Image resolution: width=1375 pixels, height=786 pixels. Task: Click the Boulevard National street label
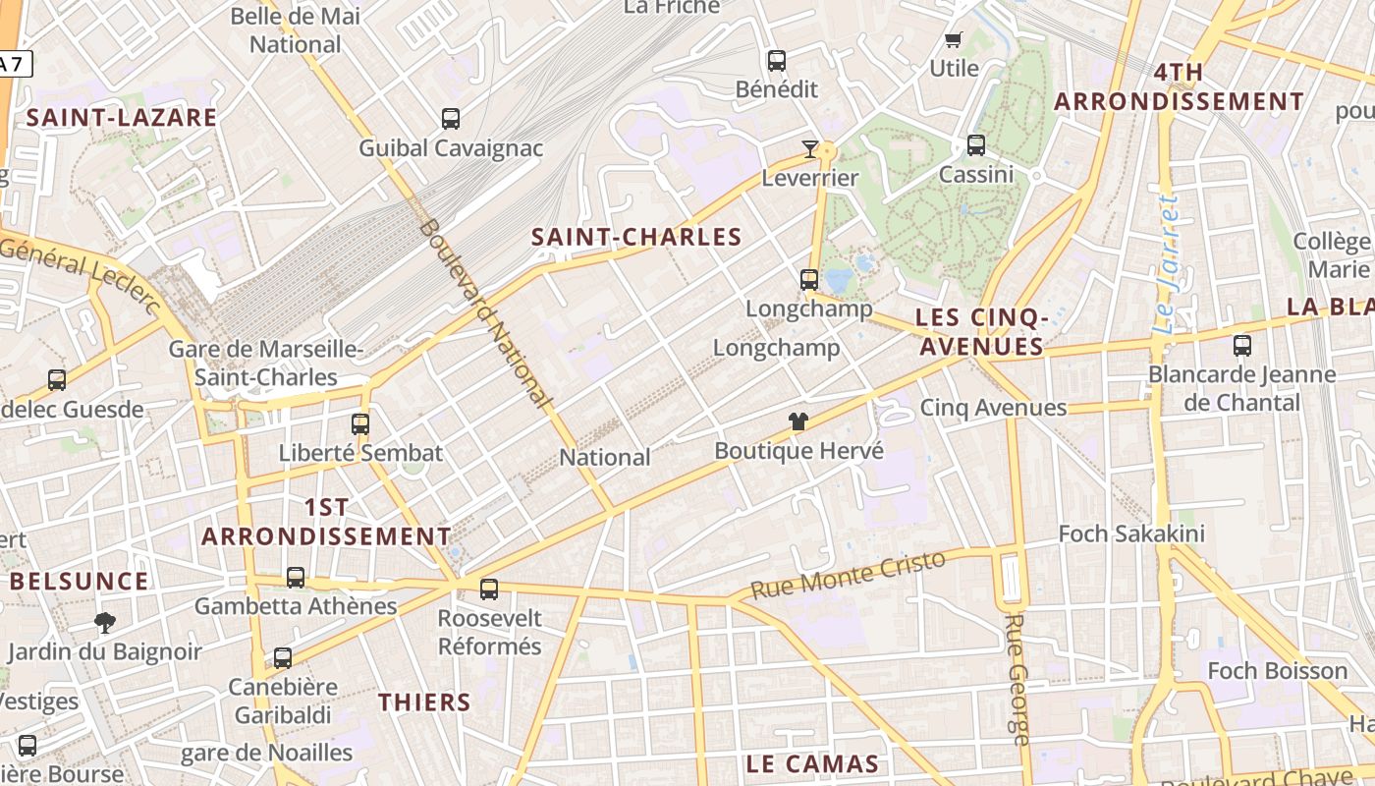pyautogui.click(x=483, y=312)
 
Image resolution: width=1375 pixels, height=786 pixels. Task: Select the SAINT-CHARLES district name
pyautogui.click(x=636, y=237)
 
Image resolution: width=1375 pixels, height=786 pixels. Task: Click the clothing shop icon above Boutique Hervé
pyautogui.click(x=798, y=421)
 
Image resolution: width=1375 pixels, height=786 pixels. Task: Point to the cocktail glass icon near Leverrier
pyautogui.click(x=810, y=149)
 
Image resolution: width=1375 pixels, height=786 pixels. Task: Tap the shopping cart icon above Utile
pyautogui.click(x=953, y=40)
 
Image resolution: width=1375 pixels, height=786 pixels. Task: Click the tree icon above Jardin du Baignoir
pyautogui.click(x=104, y=622)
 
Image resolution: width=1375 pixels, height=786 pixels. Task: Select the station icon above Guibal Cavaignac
pyautogui.click(x=451, y=119)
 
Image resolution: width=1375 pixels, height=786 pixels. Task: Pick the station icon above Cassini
pyautogui.click(x=976, y=145)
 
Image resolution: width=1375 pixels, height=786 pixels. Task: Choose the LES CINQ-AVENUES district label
pyautogui.click(x=980, y=332)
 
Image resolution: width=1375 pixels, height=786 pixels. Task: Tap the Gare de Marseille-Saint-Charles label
pyautogui.click(x=266, y=364)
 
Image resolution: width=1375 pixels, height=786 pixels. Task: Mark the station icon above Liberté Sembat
pyautogui.click(x=360, y=424)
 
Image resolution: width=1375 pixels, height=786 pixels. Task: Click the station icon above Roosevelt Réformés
pyautogui.click(x=489, y=589)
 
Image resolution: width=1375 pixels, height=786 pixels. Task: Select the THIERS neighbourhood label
pyautogui.click(x=425, y=702)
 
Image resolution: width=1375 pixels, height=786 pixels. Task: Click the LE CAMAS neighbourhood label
pyautogui.click(x=812, y=764)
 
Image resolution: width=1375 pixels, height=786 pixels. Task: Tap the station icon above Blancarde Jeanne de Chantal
pyautogui.click(x=1242, y=346)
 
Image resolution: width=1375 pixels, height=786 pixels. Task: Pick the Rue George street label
pyautogui.click(x=1017, y=679)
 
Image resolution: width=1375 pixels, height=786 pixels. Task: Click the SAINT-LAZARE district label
pyautogui.click(x=122, y=118)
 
